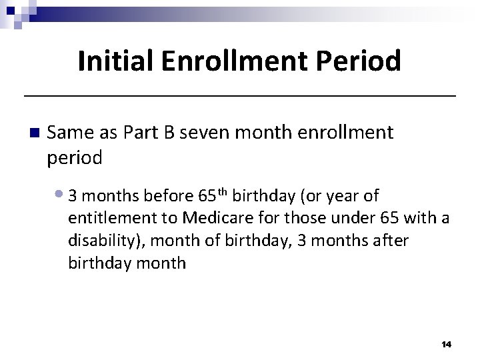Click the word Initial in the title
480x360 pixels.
117,61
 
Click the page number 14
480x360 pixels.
446,344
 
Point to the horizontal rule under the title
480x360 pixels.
240,97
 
